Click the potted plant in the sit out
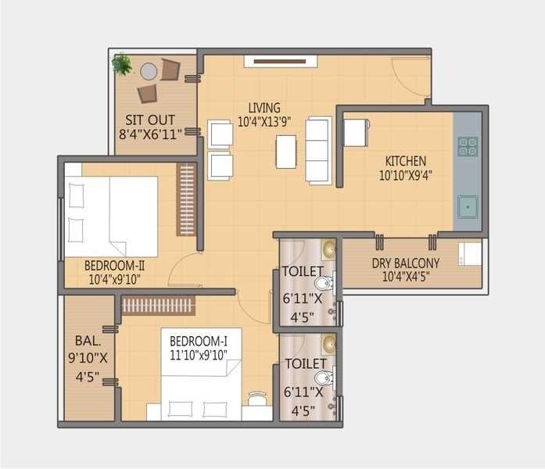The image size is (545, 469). pos(121,63)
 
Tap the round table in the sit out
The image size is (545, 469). pos(149,71)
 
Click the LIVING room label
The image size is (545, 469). pos(264,108)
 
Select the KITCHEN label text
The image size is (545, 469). pos(405,161)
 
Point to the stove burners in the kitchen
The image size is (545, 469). pos(468,146)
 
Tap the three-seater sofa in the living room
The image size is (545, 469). pos(318,150)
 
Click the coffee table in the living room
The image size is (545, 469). pos(286,152)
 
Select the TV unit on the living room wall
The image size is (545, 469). pos(280,61)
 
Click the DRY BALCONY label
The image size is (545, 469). pos(405,263)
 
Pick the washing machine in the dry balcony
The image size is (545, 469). pos(470,253)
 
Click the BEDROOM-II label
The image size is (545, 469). pos(115,265)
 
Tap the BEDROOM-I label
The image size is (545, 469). pos(200,341)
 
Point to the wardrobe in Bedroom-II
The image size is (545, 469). pos(186,199)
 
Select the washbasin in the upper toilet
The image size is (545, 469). pos(328,249)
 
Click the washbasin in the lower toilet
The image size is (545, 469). pos(328,343)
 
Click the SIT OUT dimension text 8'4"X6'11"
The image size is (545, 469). pos(150,134)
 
